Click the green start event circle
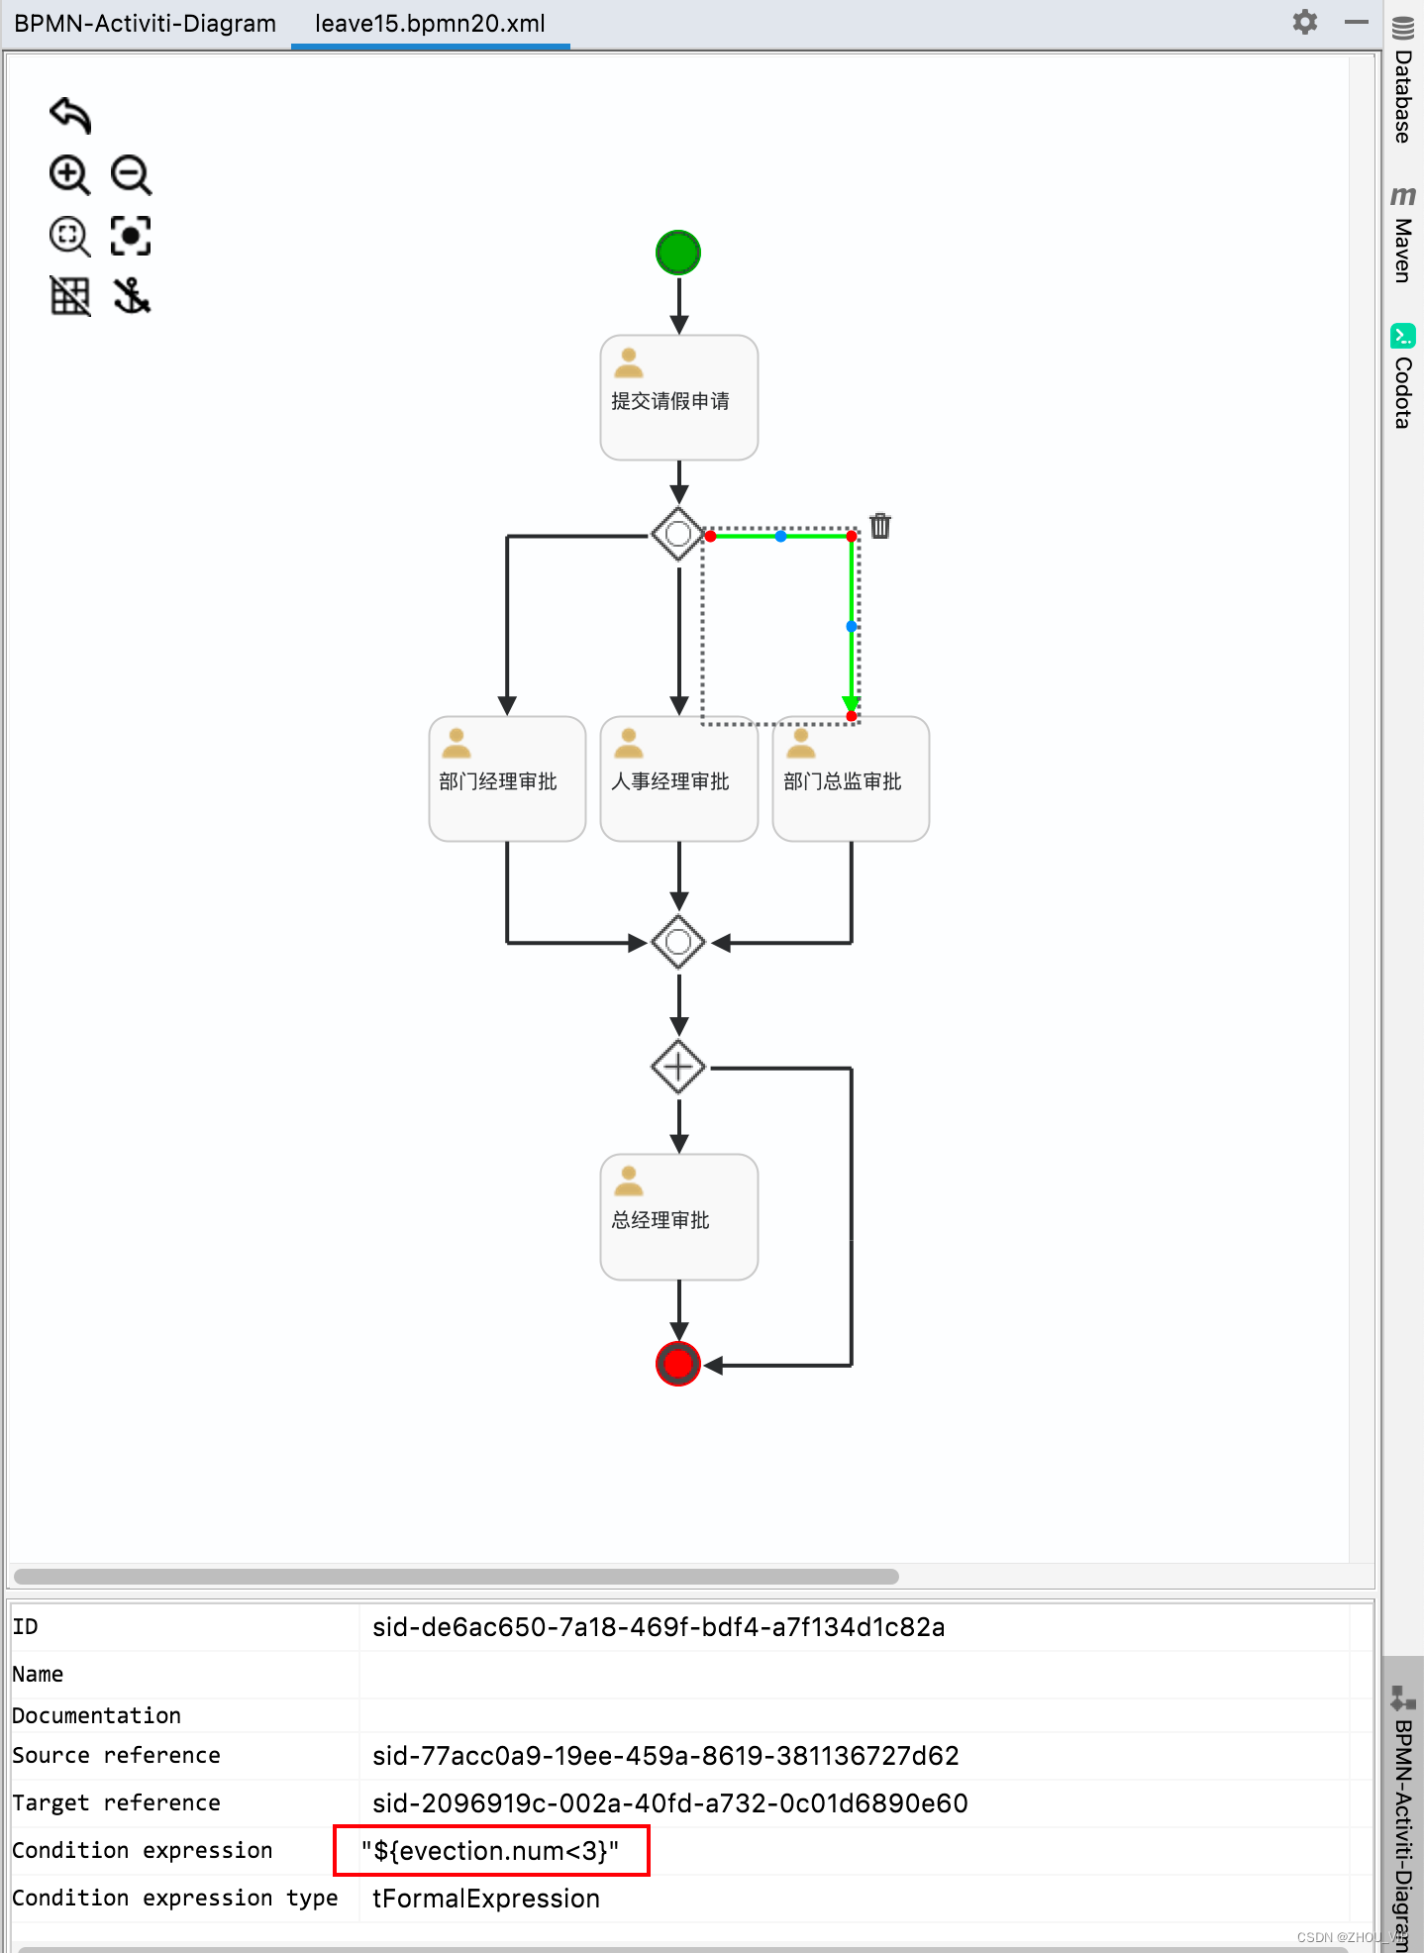(x=678, y=253)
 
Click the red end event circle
(x=678, y=1364)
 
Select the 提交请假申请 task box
(x=678, y=397)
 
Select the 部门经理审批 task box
(x=507, y=778)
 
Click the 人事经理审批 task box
(x=678, y=778)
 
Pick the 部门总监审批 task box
(x=851, y=778)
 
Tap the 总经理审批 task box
(x=678, y=1217)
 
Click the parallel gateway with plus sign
(x=678, y=1067)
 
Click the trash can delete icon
(x=880, y=526)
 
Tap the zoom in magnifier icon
(x=69, y=175)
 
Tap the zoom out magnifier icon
(x=131, y=175)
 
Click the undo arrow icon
(x=70, y=115)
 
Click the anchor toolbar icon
(x=131, y=295)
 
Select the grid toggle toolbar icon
(x=69, y=295)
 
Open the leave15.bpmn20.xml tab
(x=430, y=24)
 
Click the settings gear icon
(x=1305, y=22)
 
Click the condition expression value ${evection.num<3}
(x=490, y=1850)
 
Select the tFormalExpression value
(x=485, y=1898)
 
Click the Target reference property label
(x=116, y=1802)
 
